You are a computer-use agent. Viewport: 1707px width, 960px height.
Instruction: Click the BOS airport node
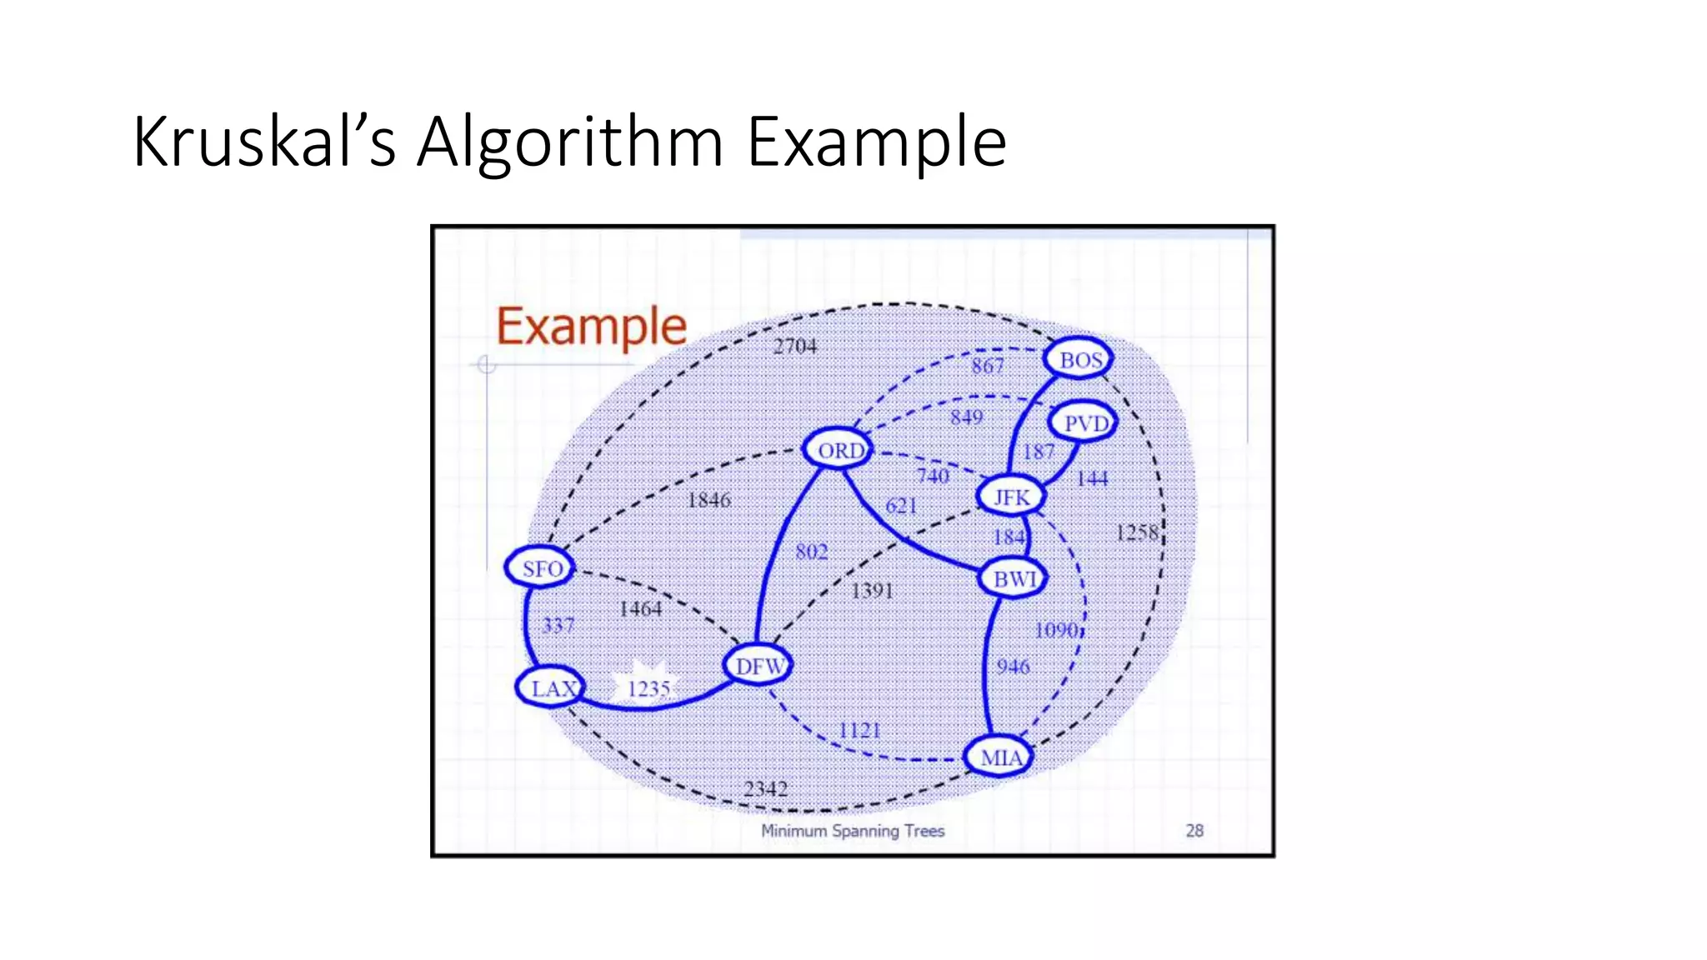(x=1079, y=359)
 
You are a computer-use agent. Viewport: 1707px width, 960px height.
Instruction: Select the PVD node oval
(x=1084, y=423)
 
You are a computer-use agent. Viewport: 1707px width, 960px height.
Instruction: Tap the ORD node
(x=839, y=450)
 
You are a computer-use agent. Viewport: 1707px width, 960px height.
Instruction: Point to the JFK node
(x=1011, y=497)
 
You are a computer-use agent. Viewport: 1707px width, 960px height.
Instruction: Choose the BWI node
(x=1014, y=577)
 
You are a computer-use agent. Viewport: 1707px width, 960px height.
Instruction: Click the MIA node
(x=999, y=757)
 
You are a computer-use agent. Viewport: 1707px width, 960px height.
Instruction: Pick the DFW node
(x=758, y=666)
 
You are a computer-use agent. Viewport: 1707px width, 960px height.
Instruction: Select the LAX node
(x=552, y=688)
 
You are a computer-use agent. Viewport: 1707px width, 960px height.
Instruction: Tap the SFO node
(x=541, y=568)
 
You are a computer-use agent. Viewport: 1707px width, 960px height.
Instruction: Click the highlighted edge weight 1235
(x=648, y=689)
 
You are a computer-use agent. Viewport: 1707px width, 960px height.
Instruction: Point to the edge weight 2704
(x=795, y=346)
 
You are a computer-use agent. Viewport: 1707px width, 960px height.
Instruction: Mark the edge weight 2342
(x=765, y=788)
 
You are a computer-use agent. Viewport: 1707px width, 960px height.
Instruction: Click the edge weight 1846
(x=708, y=500)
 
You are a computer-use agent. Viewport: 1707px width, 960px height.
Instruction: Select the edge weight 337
(x=558, y=625)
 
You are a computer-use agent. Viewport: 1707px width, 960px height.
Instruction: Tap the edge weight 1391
(x=872, y=591)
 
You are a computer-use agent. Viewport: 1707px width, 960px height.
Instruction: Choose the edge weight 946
(x=1013, y=667)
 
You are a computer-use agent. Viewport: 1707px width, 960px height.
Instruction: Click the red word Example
(x=592, y=327)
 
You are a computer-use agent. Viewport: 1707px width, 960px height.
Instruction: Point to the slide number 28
(x=1194, y=831)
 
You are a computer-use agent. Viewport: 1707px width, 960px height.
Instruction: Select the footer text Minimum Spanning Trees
(x=853, y=831)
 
